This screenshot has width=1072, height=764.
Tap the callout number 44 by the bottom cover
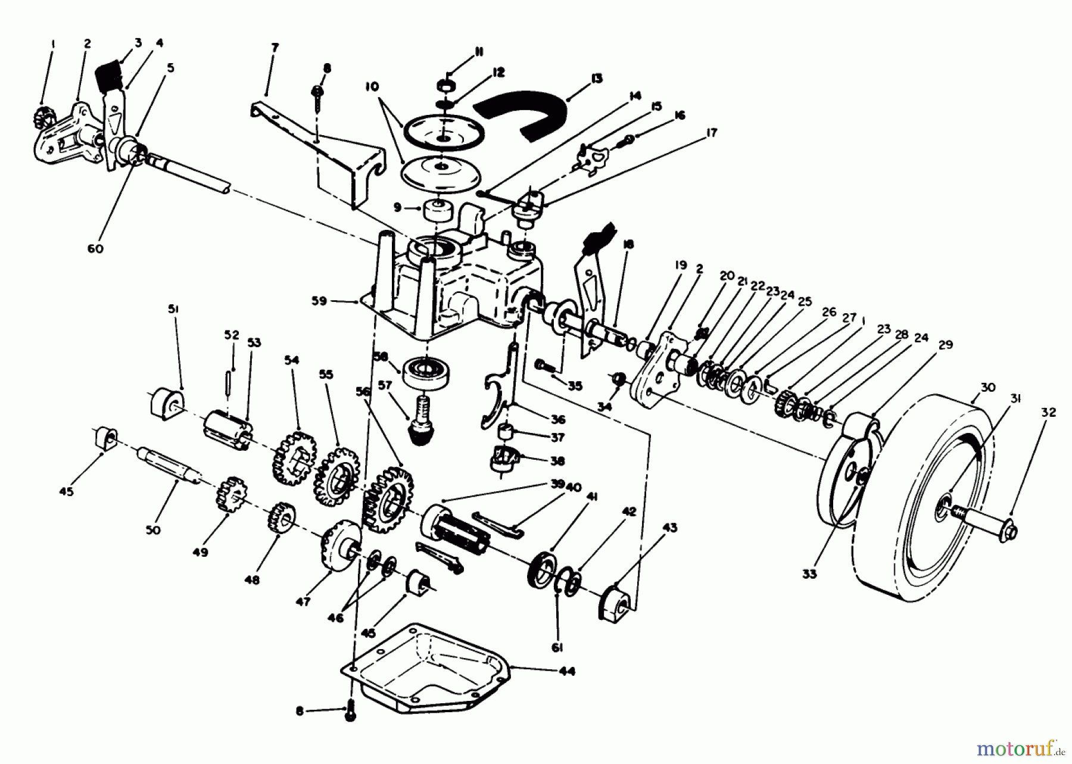click(567, 671)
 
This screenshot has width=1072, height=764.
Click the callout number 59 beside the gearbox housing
click(319, 301)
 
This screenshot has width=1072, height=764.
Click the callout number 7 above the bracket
click(275, 47)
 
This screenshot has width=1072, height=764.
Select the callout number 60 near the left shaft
click(95, 248)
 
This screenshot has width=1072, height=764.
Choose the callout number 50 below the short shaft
click(153, 529)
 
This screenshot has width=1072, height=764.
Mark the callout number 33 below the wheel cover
click(825, 574)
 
